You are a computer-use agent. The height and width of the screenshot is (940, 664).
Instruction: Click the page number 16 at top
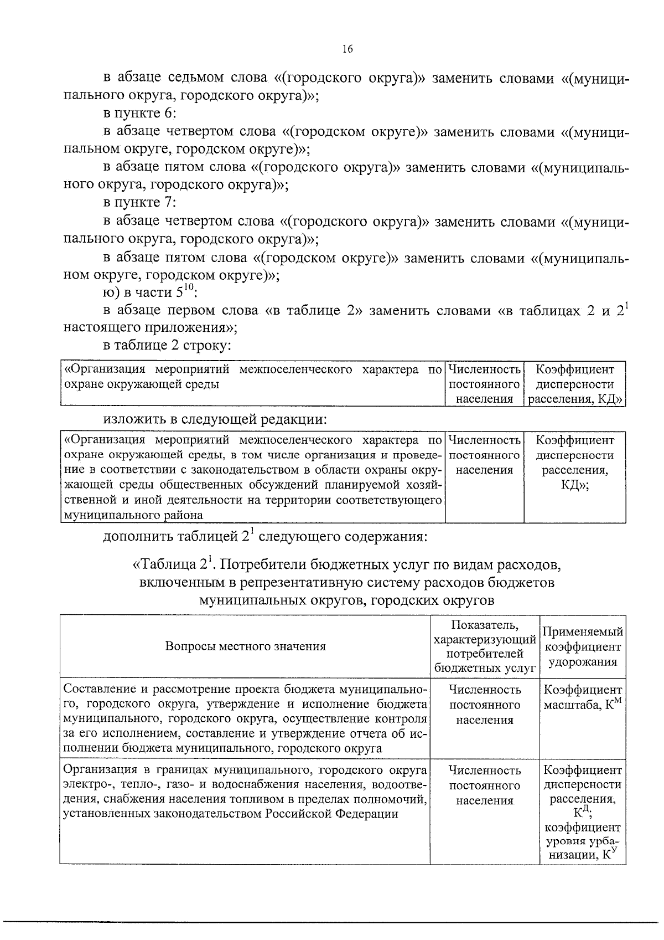pyautogui.click(x=347, y=49)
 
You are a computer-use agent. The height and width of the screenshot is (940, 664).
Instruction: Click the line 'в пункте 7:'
pyautogui.click(x=139, y=203)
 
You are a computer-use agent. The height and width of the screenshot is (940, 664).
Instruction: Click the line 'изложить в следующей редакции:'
pyautogui.click(x=216, y=419)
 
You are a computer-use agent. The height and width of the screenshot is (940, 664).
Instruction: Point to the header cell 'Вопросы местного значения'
pyautogui.click(x=246, y=646)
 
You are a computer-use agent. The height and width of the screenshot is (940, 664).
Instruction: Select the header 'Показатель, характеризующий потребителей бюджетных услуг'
pyautogui.click(x=485, y=646)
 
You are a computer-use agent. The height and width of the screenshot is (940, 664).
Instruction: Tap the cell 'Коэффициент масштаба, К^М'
pyautogui.click(x=583, y=697)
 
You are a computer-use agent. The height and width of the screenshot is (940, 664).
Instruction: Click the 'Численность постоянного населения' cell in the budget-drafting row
pyautogui.click(x=485, y=705)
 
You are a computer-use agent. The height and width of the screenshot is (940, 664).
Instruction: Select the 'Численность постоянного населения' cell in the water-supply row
pyautogui.click(x=485, y=785)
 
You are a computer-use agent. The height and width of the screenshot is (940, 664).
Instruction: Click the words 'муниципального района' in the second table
pyautogui.click(x=133, y=515)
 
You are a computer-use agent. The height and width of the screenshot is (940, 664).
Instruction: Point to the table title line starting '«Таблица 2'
pyautogui.click(x=347, y=565)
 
